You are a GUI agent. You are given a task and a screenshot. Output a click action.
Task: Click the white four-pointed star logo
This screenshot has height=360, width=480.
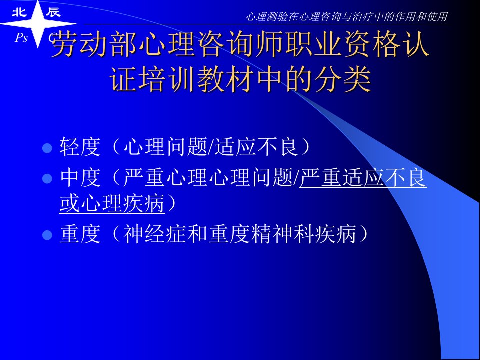point(38,24)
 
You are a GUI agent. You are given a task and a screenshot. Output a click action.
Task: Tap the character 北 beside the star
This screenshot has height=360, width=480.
point(19,12)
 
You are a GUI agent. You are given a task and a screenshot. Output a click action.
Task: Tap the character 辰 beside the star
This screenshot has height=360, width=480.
point(53,12)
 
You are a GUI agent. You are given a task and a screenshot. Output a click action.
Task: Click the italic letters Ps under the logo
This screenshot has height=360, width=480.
point(21,38)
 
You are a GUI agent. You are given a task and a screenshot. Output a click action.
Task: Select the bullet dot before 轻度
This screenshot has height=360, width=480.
point(47,148)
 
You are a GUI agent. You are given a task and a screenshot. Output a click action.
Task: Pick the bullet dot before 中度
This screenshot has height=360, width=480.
point(47,179)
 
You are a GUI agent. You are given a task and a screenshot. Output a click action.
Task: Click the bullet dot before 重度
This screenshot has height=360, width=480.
point(47,235)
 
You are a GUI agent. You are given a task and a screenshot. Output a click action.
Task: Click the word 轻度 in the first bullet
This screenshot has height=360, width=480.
point(80,147)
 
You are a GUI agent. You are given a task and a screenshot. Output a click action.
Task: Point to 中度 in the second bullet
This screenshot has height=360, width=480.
point(80,178)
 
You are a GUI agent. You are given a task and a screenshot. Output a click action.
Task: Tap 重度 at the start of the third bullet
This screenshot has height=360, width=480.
point(80,234)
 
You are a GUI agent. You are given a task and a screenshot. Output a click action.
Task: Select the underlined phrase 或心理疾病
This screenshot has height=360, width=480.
point(112,203)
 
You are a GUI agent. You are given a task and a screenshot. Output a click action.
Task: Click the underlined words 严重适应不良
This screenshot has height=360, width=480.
point(363,178)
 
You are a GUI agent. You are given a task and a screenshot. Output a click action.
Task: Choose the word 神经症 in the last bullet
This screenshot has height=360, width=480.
point(155,234)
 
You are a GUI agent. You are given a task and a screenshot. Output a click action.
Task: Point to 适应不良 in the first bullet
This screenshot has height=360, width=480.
point(256,147)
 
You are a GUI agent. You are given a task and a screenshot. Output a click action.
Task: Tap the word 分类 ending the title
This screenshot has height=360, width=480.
point(342,80)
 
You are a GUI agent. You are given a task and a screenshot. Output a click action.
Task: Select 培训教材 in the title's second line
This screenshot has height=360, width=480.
point(197,80)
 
